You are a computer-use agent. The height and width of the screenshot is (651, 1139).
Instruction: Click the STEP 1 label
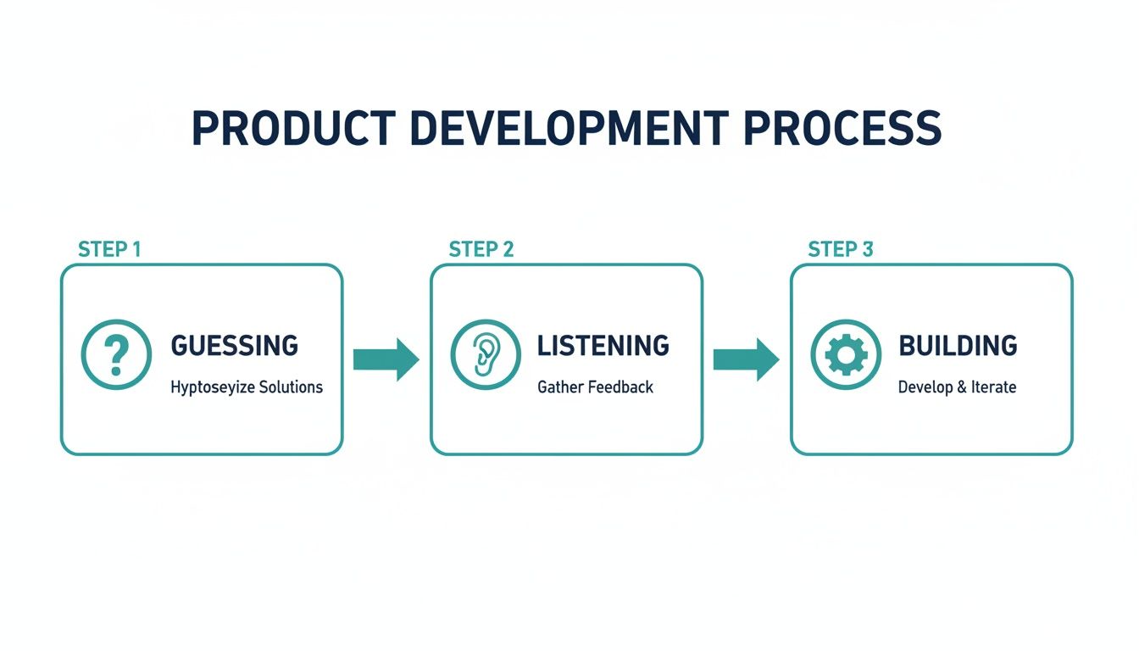(109, 249)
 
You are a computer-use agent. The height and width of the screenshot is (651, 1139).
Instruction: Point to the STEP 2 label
(481, 249)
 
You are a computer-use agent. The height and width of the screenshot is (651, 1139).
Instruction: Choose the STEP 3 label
(841, 249)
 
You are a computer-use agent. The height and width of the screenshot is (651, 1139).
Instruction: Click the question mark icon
(116, 355)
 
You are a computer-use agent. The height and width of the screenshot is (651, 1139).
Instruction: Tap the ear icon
(484, 355)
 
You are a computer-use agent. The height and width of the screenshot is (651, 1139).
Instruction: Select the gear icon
(845, 355)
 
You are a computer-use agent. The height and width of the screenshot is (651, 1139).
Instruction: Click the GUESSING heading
(235, 346)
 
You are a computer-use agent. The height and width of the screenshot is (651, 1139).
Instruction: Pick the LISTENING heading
(603, 346)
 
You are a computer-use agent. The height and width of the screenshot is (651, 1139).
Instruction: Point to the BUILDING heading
(958, 346)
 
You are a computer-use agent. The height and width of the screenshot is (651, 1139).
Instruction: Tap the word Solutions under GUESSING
(291, 387)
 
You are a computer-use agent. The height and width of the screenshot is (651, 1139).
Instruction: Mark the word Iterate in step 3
(994, 387)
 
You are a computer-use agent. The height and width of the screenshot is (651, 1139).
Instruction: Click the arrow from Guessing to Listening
(386, 359)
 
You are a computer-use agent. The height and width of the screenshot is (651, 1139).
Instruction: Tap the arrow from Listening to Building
(746, 359)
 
